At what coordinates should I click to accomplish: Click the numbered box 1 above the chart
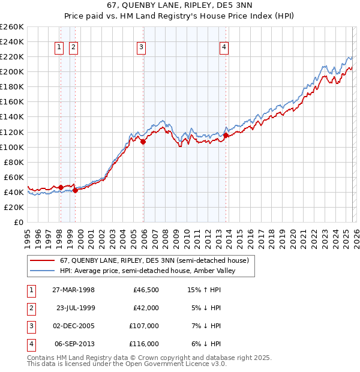60,48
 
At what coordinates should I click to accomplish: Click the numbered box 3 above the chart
141,48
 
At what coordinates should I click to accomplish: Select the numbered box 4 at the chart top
223,48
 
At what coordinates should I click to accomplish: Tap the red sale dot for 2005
143,142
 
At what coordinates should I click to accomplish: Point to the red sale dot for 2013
226,135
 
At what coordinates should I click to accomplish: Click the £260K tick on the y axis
12,27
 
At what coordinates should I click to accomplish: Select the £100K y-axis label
12,147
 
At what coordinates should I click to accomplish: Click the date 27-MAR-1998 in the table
74,290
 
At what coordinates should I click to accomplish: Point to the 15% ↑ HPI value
204,290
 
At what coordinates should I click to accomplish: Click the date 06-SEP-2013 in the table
74,344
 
